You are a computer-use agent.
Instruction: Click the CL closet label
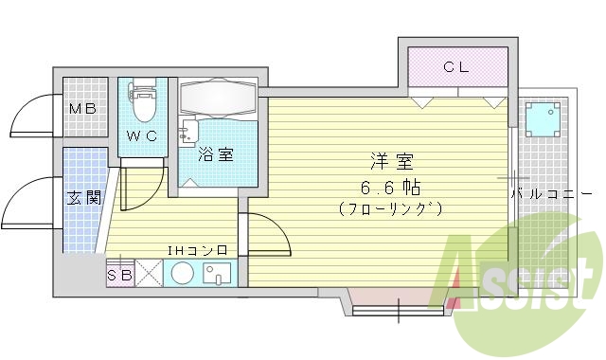click(456, 67)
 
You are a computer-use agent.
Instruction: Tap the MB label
click(83, 109)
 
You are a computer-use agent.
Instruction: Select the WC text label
click(143, 135)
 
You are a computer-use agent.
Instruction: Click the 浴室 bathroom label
click(216, 155)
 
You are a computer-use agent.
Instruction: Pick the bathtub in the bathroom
click(217, 99)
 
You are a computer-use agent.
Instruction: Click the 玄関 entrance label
click(83, 198)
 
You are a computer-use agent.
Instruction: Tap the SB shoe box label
click(119, 276)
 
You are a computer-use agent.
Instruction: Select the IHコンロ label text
click(198, 250)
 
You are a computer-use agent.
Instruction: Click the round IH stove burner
click(182, 275)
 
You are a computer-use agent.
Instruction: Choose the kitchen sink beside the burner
click(218, 275)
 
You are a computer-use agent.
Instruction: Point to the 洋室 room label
click(388, 161)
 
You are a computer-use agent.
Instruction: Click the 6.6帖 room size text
click(388, 185)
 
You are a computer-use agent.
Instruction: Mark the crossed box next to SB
click(149, 273)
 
